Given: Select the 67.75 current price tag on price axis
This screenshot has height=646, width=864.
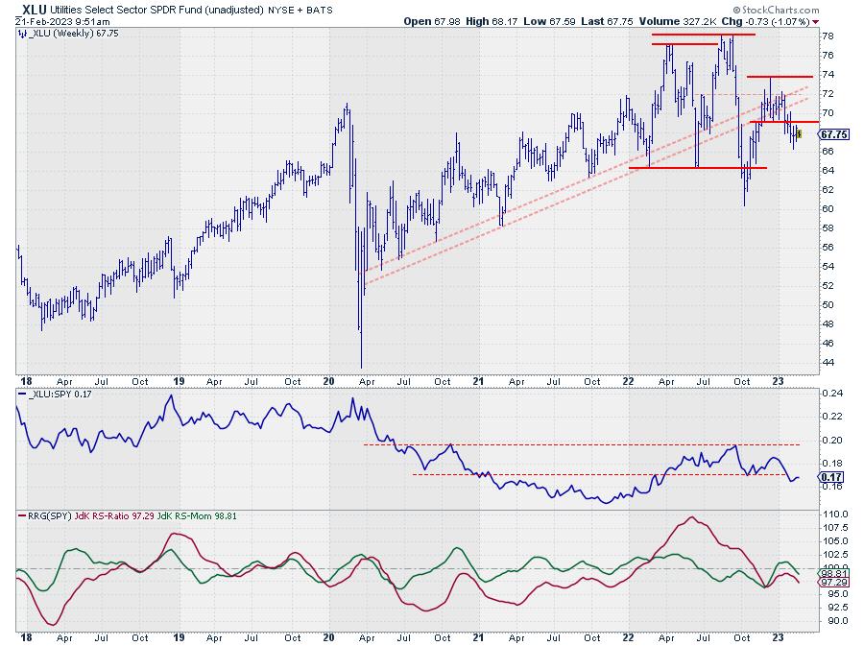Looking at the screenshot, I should [832, 135].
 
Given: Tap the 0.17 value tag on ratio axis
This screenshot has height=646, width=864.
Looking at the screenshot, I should [831, 477].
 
